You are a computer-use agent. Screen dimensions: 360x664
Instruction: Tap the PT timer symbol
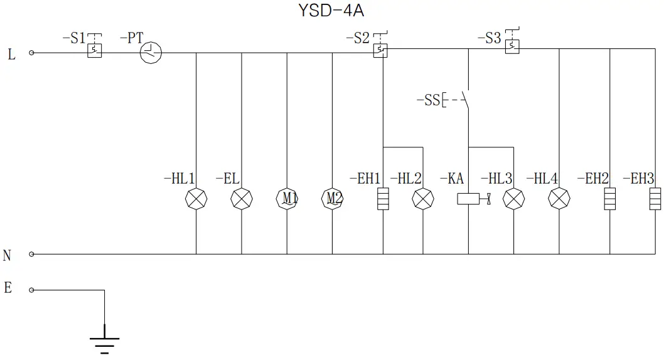pos(151,53)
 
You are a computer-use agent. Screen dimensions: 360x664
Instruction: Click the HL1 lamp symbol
pos(196,199)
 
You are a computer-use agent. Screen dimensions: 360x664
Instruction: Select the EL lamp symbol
pos(242,199)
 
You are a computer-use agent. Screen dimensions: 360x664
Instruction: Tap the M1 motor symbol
pos(287,199)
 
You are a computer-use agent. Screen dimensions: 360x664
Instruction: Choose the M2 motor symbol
pos(333,199)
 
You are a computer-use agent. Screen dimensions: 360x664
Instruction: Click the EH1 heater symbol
pos(383,199)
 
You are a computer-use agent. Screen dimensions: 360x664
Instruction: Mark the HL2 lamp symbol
pos(422,199)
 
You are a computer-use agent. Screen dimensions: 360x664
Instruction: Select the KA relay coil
pos(469,199)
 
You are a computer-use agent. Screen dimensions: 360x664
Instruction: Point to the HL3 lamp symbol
pos(514,199)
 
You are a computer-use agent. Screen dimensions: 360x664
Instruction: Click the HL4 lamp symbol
pos(559,199)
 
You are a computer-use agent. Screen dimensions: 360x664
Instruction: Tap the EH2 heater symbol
pos(609,199)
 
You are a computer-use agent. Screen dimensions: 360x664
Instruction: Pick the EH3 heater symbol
pos(655,199)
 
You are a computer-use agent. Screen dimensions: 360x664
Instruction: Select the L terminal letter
pos(11,55)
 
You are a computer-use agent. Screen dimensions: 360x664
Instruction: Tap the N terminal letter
pos(8,255)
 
